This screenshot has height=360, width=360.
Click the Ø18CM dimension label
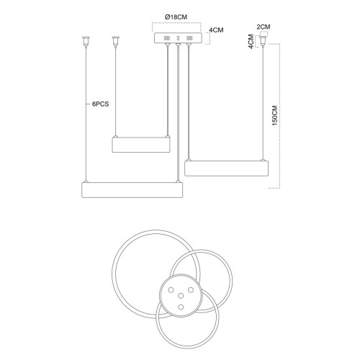point(176,17)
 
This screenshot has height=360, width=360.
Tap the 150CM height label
point(275,115)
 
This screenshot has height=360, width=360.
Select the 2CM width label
point(264,27)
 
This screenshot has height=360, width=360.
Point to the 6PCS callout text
point(100,104)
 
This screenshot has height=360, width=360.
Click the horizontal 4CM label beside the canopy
point(216,30)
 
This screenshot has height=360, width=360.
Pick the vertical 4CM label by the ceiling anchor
point(251,42)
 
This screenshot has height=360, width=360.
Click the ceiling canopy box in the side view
point(178,38)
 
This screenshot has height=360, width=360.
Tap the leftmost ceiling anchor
point(86,41)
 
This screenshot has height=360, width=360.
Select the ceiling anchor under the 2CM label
point(264,40)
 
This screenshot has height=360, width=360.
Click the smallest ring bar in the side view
point(141,145)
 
